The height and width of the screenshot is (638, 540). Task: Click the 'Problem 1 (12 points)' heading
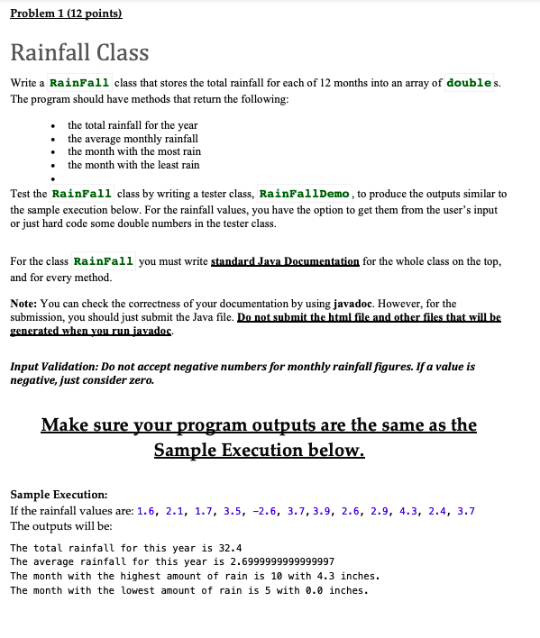(x=65, y=14)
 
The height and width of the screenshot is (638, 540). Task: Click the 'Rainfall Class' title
(x=79, y=52)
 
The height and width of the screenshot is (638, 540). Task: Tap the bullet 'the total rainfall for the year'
(x=133, y=124)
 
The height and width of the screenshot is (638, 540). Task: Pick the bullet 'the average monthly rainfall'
(x=133, y=138)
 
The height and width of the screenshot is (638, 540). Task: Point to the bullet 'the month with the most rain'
(x=133, y=151)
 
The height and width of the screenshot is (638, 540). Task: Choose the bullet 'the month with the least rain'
(x=133, y=165)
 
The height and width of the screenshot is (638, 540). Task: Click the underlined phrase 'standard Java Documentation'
(x=285, y=261)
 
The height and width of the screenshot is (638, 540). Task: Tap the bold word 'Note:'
(x=25, y=304)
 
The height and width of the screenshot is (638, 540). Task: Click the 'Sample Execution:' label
(x=58, y=495)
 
